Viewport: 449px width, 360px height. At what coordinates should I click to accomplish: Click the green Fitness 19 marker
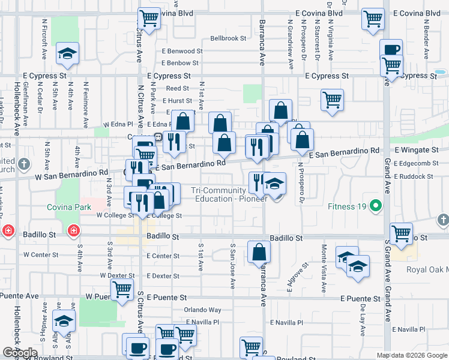point(376,207)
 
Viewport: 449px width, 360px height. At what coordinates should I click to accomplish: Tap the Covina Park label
point(69,208)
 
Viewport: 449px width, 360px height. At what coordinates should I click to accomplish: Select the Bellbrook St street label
point(228,38)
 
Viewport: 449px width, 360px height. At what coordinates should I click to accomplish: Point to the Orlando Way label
point(202,310)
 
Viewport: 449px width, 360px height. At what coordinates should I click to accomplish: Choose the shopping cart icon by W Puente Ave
point(122,289)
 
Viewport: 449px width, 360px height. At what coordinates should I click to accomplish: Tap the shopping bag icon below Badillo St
point(259,253)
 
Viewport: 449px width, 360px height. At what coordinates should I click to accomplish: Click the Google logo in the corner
point(20,353)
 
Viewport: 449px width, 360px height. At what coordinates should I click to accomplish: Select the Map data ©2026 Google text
point(411,355)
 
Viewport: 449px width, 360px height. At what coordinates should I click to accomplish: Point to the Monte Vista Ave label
point(324,268)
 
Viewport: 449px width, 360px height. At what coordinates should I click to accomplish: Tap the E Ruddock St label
point(414,176)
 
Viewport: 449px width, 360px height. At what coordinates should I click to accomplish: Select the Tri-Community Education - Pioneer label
point(229,194)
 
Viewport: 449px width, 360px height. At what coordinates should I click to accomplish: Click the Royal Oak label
point(427,269)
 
